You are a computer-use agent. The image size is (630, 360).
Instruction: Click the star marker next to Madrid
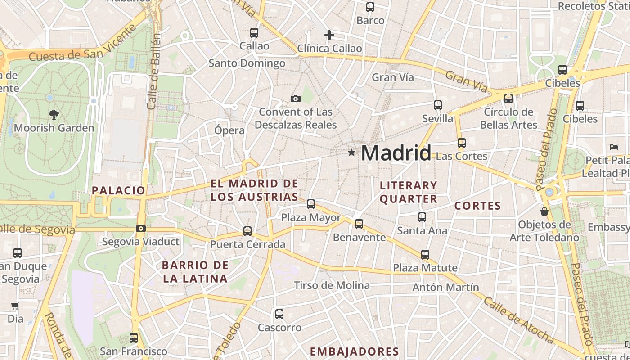[x=351, y=153]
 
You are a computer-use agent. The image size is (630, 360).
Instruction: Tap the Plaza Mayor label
[x=311, y=218]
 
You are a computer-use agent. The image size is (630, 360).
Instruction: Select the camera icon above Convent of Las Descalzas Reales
[x=296, y=99]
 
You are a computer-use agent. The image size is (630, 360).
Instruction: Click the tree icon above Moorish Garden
[x=54, y=114]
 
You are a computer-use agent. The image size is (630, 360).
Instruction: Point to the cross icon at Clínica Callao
[x=329, y=35]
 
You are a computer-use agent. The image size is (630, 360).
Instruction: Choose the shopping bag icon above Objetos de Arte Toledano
[x=544, y=211]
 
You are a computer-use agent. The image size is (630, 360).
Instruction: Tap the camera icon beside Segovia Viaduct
[x=141, y=229]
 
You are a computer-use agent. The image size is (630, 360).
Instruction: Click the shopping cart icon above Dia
[x=15, y=306]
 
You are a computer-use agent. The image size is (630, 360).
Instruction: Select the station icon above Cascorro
[x=279, y=314]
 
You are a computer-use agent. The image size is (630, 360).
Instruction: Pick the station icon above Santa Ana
[x=422, y=217]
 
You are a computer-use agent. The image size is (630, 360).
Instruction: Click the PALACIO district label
[x=119, y=190]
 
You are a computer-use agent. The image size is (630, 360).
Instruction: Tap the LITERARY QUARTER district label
[x=409, y=192]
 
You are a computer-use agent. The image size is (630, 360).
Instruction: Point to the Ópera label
[x=229, y=130]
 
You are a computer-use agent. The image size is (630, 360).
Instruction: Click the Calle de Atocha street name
[x=518, y=320]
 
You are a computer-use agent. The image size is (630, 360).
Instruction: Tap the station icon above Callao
[x=254, y=33]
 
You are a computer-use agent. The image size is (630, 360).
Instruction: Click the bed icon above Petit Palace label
[x=614, y=147]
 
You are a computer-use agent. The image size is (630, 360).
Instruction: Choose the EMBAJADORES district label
[x=355, y=351]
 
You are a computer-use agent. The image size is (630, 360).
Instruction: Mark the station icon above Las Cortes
[x=462, y=143]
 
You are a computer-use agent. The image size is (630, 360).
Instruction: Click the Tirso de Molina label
[x=332, y=285]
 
